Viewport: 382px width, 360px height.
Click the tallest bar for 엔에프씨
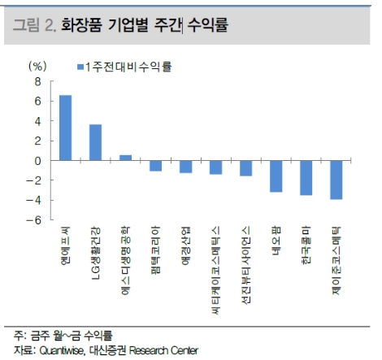(65, 128)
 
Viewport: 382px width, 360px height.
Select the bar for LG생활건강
(95, 142)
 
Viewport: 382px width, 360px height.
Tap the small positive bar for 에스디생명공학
(125, 158)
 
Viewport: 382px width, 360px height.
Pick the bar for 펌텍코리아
(155, 166)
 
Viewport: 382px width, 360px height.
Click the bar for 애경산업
(185, 167)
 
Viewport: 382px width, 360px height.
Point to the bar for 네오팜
(276, 176)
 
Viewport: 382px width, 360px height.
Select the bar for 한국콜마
(306, 178)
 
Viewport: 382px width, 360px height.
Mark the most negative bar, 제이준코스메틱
(336, 180)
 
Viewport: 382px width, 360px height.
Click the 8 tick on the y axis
(37, 82)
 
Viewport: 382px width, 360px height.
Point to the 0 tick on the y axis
(37, 161)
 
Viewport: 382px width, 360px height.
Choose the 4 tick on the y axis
(37, 121)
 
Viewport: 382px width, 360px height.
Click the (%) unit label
(38, 66)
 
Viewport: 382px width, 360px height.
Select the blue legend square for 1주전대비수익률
(80, 66)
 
